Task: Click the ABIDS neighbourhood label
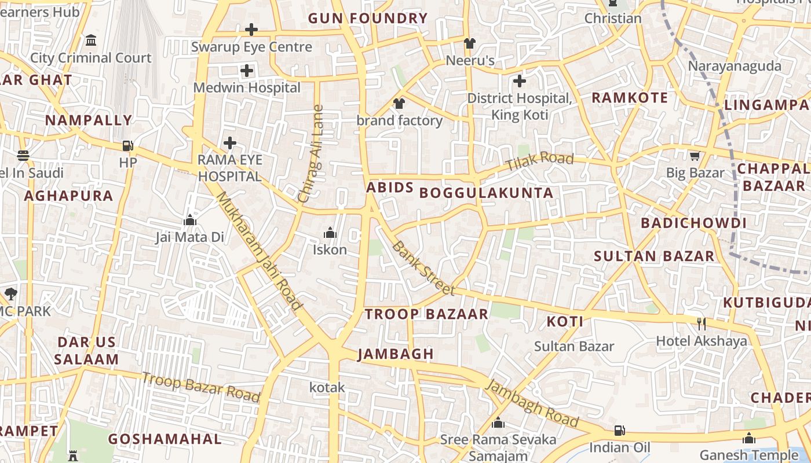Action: (x=390, y=188)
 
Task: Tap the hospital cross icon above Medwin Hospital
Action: (x=247, y=71)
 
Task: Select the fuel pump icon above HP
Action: (x=128, y=146)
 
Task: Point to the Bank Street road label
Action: (x=423, y=268)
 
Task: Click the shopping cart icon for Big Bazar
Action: (x=695, y=156)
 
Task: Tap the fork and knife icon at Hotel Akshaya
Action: (x=702, y=324)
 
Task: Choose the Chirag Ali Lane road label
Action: (x=311, y=153)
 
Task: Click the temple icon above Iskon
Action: (x=330, y=233)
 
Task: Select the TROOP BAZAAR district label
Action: (x=426, y=314)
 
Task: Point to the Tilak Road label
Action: (x=540, y=161)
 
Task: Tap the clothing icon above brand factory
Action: (x=399, y=104)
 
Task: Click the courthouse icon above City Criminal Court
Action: (x=91, y=41)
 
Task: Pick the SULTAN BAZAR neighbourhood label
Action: (x=654, y=256)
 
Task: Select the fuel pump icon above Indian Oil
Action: (x=619, y=431)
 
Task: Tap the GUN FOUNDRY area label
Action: (x=367, y=18)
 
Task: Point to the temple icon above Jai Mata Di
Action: (x=189, y=220)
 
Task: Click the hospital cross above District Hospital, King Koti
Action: (x=520, y=81)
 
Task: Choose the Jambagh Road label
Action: (x=532, y=404)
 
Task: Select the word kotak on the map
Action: (x=327, y=387)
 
